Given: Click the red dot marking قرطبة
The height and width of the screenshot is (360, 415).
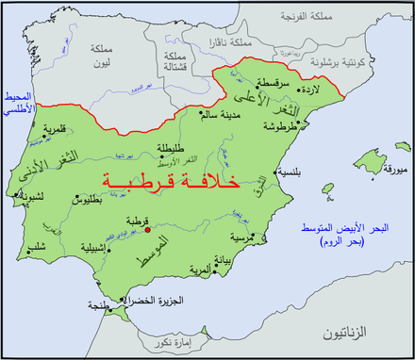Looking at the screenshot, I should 147,226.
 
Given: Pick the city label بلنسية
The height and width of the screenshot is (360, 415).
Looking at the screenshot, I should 291,172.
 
